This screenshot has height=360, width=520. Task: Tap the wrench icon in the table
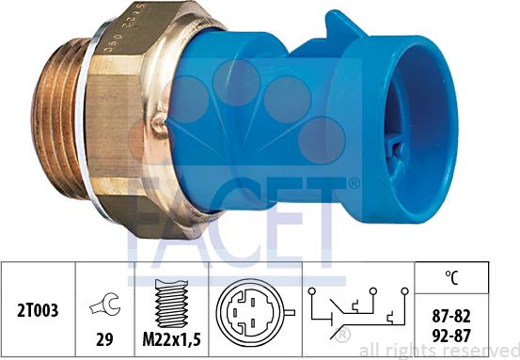(x=105, y=303)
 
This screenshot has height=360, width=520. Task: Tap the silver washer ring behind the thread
(x=87, y=127)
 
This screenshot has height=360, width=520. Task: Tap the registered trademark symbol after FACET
(x=355, y=183)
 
